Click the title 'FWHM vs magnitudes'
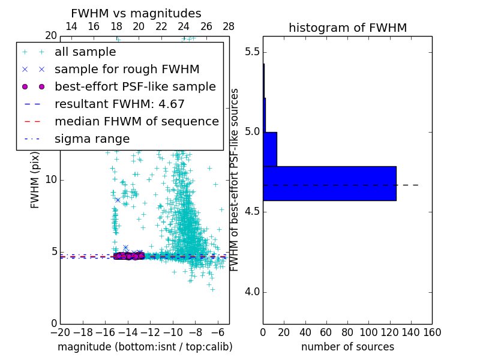(136, 13)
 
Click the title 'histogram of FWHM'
(347, 28)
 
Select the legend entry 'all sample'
(85, 52)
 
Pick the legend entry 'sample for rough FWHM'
(127, 69)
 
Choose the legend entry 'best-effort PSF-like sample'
(135, 86)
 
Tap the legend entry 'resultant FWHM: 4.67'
(119, 104)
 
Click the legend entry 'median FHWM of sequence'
(136, 121)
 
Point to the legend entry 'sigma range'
(92, 139)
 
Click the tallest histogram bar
(329, 183)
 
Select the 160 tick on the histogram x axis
(432, 331)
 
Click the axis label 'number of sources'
(347, 347)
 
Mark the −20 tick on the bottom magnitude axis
(60, 331)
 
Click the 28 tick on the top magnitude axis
(229, 26)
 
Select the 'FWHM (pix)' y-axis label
(35, 179)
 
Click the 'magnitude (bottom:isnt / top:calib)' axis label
(145, 347)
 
